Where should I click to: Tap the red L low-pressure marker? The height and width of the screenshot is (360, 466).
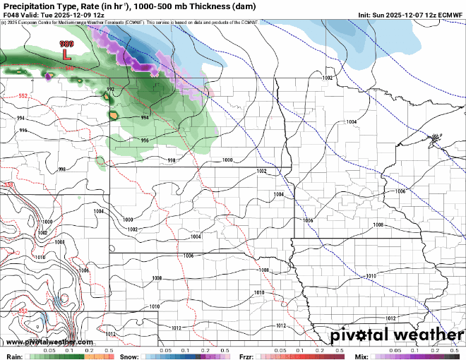[x=66, y=54]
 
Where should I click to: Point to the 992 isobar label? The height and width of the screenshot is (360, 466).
[x=110, y=90]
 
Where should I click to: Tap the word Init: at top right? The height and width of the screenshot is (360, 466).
[x=365, y=14]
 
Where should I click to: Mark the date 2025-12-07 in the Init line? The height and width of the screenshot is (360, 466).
[x=400, y=14]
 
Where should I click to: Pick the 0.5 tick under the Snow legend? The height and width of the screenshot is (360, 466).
[x=225, y=350]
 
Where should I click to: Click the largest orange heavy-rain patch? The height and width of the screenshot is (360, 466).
[x=113, y=113]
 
